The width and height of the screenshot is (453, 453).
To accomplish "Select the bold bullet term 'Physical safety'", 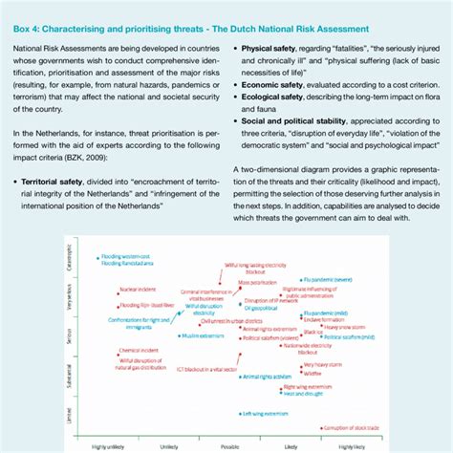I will point(274,46).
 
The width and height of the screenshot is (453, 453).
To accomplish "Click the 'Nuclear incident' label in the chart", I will point(134,288).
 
